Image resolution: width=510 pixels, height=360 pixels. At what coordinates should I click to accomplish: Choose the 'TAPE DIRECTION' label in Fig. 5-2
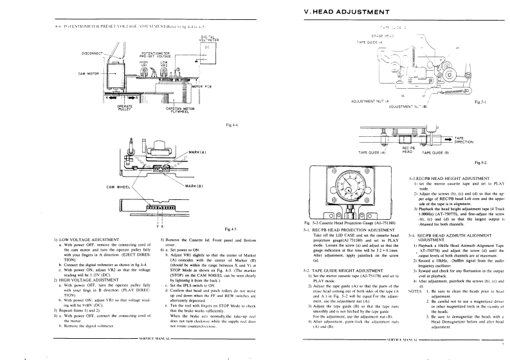(x=464, y=139)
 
